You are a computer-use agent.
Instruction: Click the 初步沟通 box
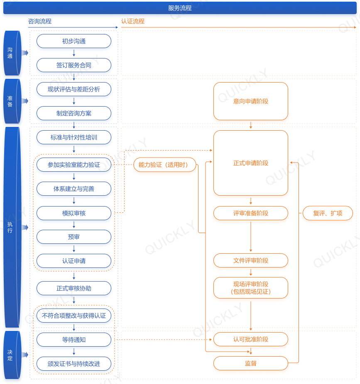coord(74,41)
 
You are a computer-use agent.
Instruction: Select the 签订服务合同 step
coord(74,65)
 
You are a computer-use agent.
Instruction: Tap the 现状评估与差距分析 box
coord(74,89)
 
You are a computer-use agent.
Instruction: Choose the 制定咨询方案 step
coord(74,113)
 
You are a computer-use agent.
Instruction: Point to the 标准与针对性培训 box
coord(74,137)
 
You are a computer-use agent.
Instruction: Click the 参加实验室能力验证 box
coord(74,165)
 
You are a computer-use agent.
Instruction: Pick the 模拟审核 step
coord(74,213)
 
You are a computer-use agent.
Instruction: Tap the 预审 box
coord(74,237)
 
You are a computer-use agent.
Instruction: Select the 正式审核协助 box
coord(74,288)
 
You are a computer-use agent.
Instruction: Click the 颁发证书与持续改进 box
coord(74,364)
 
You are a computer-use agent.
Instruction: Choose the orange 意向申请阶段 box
coord(251,101)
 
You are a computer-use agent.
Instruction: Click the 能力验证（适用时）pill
coord(165,165)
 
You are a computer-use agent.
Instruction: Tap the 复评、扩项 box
coord(328,213)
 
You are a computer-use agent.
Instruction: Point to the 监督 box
coord(251,363)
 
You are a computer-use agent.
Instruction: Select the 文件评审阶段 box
coord(251,260)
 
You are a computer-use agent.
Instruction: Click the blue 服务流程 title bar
coord(180,8)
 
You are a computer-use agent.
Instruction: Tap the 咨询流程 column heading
coord(40,21)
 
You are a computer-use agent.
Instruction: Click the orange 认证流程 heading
coord(133,21)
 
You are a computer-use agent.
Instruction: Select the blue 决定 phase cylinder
coord(12,355)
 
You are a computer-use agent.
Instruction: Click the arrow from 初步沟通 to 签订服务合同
coord(74,53)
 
